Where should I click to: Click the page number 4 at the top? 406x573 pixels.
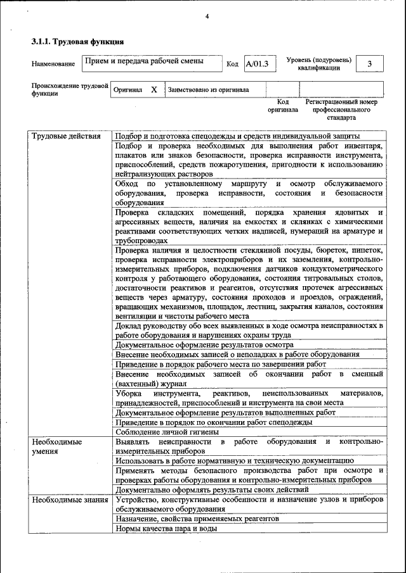(207, 16)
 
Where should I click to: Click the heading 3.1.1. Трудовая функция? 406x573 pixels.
(77, 42)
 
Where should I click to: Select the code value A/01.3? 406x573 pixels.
(258, 63)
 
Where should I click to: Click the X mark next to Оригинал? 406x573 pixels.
(154, 90)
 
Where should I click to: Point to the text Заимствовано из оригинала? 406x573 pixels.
(208, 90)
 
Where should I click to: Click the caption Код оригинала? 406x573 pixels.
(283, 105)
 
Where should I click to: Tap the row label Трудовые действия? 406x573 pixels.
(66, 136)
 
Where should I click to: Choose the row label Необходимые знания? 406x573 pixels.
(69, 500)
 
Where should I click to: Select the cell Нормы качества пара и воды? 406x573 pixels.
(166, 528)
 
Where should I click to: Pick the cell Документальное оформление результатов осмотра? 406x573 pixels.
(204, 344)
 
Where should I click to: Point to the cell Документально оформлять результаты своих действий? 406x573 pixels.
(212, 489)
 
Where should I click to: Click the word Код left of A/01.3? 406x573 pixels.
(232, 64)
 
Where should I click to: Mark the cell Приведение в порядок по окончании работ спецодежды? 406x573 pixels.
(213, 422)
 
